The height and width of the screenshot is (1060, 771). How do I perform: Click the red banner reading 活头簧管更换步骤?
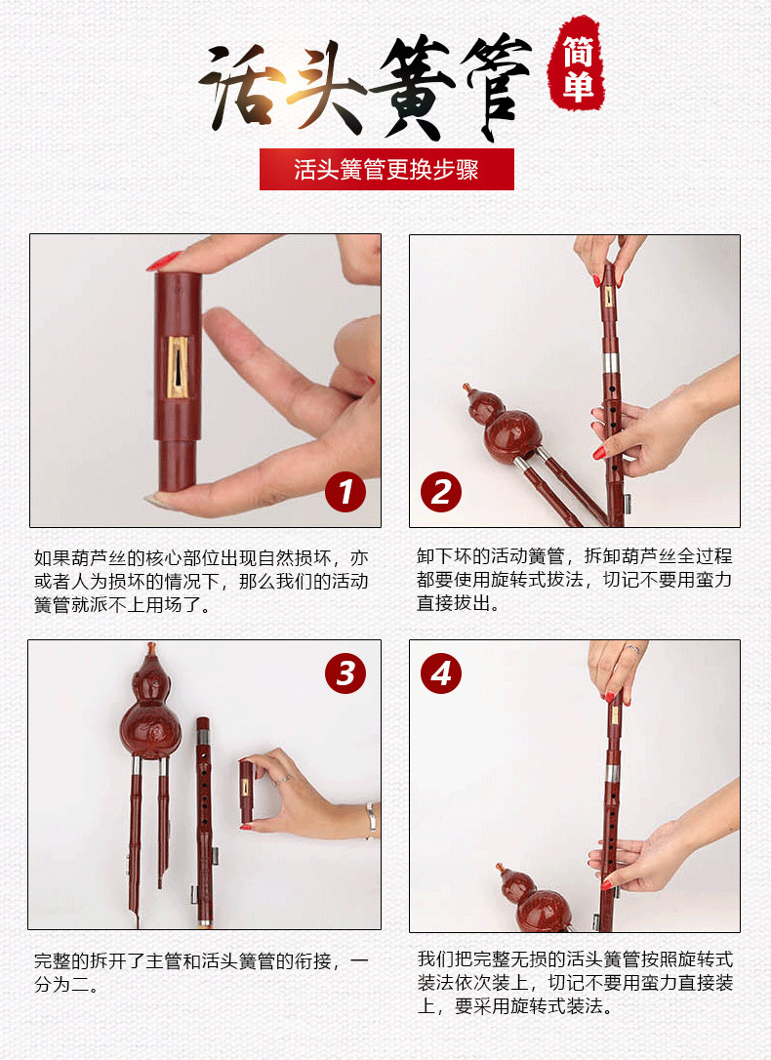(386, 169)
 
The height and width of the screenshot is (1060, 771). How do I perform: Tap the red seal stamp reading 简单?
(577, 64)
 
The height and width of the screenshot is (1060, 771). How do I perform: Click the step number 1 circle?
(345, 492)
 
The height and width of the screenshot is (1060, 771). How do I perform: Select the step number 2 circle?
(441, 492)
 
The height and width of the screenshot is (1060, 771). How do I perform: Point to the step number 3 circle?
(345, 673)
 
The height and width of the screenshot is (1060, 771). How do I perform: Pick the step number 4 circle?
(441, 673)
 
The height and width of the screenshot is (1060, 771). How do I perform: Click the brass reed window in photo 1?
(178, 367)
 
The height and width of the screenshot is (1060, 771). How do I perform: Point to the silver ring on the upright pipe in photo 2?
(611, 362)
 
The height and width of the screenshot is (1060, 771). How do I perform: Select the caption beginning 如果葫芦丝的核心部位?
(201, 582)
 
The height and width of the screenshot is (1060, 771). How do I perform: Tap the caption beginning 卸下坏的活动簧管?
(575, 580)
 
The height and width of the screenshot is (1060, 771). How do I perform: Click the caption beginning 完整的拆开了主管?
(201, 972)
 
